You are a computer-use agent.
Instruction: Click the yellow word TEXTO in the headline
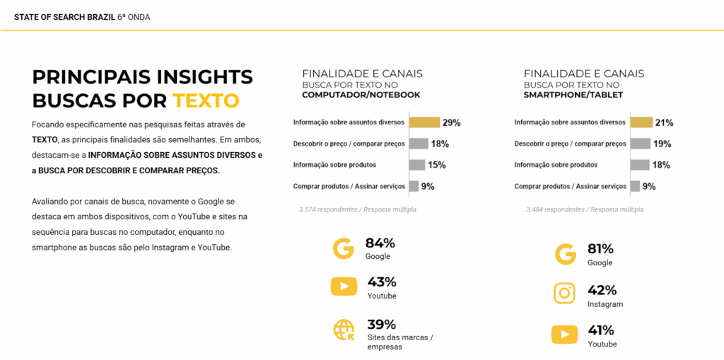(206, 100)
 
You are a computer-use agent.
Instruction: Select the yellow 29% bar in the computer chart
(424, 122)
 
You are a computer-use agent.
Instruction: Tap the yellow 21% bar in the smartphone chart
(641, 122)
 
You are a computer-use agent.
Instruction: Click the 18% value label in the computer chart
(440, 144)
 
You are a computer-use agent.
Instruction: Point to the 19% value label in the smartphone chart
(662, 144)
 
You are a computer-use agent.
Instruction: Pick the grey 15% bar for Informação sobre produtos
(417, 165)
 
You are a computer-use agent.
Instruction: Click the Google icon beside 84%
(343, 248)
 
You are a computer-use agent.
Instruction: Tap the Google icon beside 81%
(565, 254)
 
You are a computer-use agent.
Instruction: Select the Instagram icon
(564, 293)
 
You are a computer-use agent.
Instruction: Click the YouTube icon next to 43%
(344, 286)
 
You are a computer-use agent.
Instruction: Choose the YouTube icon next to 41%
(564, 334)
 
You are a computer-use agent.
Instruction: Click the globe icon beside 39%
(344, 330)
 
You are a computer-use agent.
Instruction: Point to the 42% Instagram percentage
(602, 290)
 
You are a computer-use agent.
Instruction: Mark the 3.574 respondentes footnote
(358, 209)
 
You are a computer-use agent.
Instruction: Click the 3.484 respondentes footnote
(585, 209)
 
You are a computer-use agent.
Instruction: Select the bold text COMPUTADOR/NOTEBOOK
(361, 95)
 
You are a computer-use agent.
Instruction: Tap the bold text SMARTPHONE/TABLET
(573, 95)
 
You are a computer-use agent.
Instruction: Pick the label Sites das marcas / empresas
(399, 342)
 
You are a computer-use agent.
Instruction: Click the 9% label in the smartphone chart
(649, 187)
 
